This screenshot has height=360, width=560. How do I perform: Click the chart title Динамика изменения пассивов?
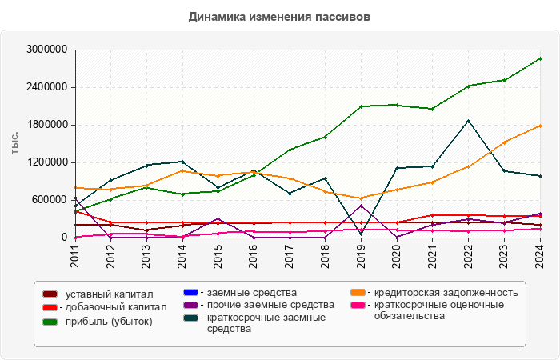click(280, 16)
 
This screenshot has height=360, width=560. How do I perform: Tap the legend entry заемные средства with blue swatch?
click(247, 292)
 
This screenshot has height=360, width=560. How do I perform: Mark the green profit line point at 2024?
click(540, 58)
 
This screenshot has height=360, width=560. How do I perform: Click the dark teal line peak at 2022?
click(469, 121)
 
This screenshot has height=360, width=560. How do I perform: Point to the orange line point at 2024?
click(540, 126)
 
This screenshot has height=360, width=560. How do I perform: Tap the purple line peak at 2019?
click(362, 206)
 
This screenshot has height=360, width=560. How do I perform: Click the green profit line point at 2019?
click(362, 106)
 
